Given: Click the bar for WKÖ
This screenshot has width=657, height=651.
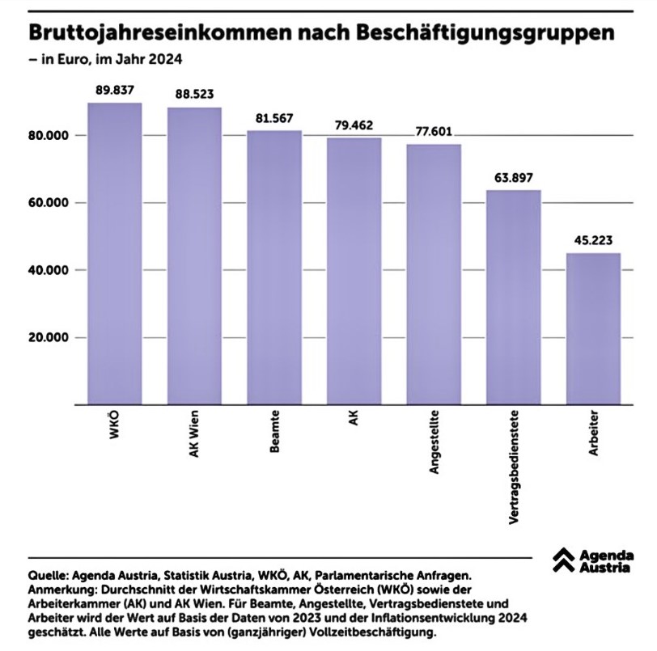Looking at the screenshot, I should coord(114,254).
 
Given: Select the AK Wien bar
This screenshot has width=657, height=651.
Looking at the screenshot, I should coord(194,256).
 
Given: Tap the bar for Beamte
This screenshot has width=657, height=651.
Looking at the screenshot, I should coord(274,268).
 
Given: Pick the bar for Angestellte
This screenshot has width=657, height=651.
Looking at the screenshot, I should coord(434,274).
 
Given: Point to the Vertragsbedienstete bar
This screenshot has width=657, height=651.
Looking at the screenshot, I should coord(513,298).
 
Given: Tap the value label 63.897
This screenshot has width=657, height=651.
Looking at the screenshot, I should coord(513,177).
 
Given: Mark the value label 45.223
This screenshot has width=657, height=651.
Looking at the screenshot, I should coord(593,239).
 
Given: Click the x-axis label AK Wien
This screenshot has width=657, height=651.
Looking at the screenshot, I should coord(195,437).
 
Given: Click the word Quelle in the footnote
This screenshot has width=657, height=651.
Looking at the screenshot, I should coord(47,575).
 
